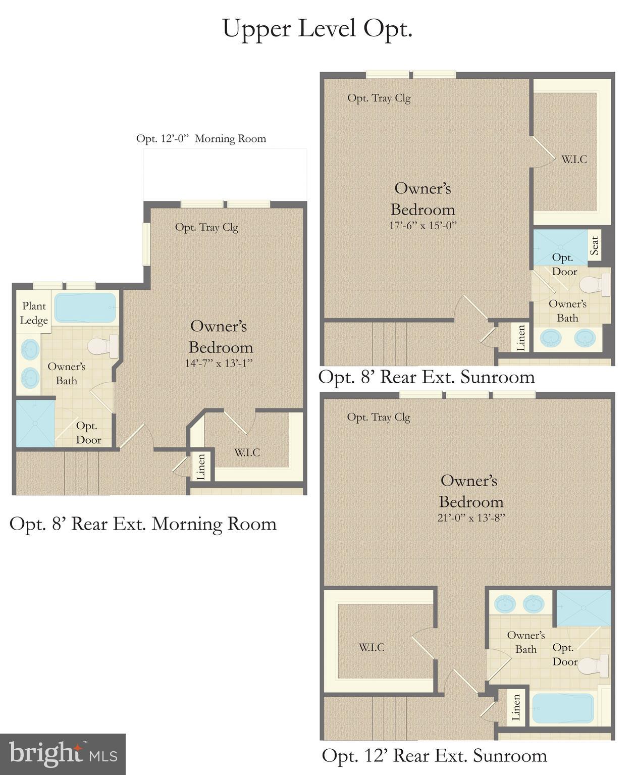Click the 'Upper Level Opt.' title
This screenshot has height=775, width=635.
click(x=317, y=29)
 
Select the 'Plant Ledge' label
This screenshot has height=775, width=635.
click(x=34, y=313)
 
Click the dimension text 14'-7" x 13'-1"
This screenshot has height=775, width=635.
click(x=218, y=363)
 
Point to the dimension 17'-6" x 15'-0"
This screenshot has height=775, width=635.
click(x=422, y=225)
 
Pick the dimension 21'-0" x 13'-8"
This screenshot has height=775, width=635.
click(x=471, y=518)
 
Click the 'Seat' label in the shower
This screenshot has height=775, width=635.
click(x=595, y=246)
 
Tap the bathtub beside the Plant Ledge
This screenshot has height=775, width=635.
click(x=85, y=307)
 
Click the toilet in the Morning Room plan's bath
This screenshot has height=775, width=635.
click(x=103, y=346)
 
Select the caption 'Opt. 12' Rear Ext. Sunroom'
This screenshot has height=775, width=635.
click(x=434, y=756)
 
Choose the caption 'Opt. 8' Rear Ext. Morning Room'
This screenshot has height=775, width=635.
click(x=143, y=524)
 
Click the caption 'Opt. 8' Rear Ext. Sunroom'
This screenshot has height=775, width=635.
click(x=427, y=377)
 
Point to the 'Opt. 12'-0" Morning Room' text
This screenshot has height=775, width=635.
click(x=201, y=138)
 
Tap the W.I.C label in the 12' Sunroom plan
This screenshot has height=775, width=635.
click(x=372, y=647)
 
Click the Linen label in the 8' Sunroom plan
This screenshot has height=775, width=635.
click(x=521, y=337)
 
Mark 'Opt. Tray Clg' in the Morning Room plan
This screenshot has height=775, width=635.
click(x=206, y=227)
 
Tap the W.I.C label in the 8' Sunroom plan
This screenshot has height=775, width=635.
click(x=574, y=160)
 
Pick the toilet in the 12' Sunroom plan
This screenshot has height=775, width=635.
click(x=594, y=665)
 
